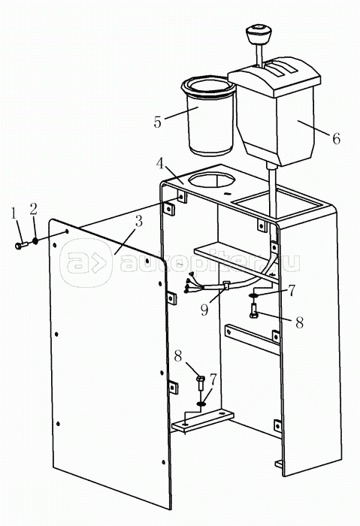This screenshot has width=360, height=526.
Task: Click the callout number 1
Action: [x=14, y=213]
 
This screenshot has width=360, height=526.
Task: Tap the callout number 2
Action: [x=33, y=209]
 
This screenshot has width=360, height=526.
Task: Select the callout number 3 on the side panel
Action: [x=137, y=222]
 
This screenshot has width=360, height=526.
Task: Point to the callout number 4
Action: [x=160, y=164]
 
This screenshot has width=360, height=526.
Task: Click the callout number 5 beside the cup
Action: [x=158, y=122]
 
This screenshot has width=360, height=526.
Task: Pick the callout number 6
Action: [x=336, y=138]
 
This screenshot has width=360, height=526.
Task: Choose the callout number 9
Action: [x=204, y=310]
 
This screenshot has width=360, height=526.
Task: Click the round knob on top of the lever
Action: [x=259, y=35]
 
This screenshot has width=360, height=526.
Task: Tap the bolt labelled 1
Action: [x=21, y=246]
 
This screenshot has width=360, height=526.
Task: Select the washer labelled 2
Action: [x=35, y=241]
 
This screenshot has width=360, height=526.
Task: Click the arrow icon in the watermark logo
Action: [x=98, y=262]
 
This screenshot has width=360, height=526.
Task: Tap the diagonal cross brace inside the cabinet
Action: [x=253, y=339]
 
